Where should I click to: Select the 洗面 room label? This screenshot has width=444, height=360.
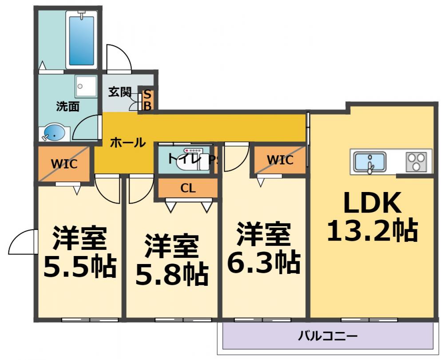pyautogui.click(x=67, y=106)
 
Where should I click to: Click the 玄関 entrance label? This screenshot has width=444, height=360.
pyautogui.click(x=120, y=92)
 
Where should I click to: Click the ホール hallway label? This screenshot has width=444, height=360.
pyautogui.click(x=127, y=143)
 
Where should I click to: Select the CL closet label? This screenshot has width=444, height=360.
pyautogui.click(x=188, y=188)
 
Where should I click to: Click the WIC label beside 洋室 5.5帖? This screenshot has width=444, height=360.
pyautogui.click(x=64, y=164)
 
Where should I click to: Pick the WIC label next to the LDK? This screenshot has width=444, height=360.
pyautogui.click(x=280, y=160)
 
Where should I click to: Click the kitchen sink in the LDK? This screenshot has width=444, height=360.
pyautogui.click(x=369, y=162)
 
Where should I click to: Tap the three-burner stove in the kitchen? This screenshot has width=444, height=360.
pyautogui.click(x=417, y=162)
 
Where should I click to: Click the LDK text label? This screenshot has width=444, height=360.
pyautogui.click(x=372, y=204)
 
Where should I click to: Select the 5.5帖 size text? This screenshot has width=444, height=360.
pyautogui.click(x=79, y=265)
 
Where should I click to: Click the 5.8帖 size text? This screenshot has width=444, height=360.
pyautogui.click(x=171, y=275)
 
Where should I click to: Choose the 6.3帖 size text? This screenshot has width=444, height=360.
pyautogui.click(x=263, y=263)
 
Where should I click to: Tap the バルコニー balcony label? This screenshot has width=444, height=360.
pyautogui.click(x=328, y=336)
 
